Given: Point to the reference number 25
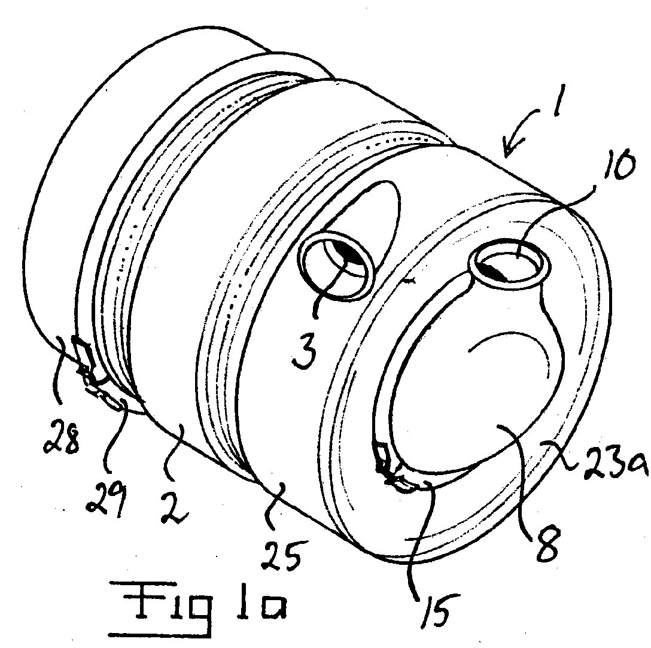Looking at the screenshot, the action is click(x=285, y=555).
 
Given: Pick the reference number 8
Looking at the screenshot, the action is click(x=548, y=544).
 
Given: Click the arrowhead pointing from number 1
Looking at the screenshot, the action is click(x=507, y=154).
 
